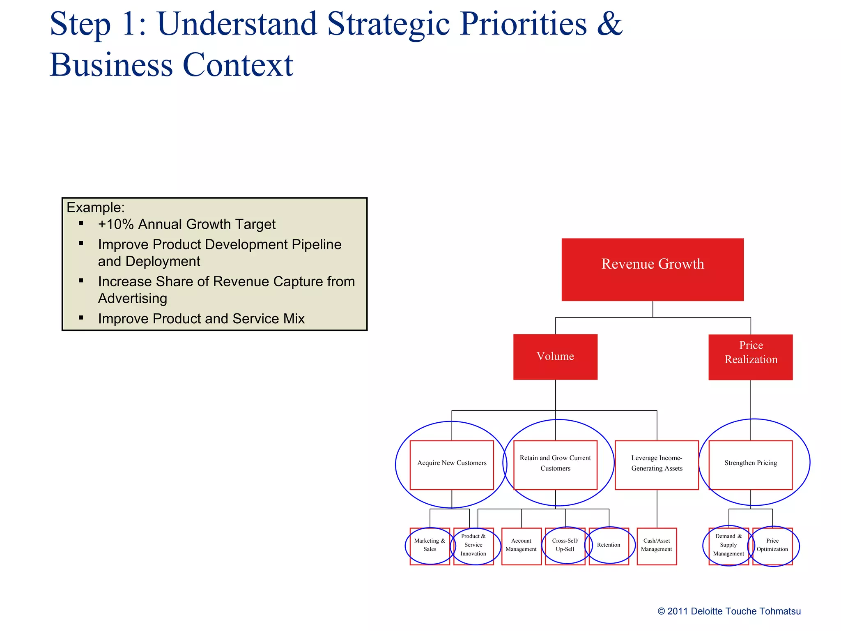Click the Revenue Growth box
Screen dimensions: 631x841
(x=652, y=269)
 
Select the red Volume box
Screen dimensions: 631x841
(x=555, y=357)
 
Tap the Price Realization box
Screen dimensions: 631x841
(x=750, y=357)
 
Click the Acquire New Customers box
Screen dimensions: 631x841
(x=452, y=465)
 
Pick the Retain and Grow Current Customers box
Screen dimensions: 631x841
(x=555, y=465)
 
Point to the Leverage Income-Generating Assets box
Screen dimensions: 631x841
(x=657, y=465)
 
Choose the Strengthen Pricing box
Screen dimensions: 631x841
(x=750, y=465)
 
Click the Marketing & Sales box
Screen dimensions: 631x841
(x=430, y=546)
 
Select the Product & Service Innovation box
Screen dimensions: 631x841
(x=473, y=546)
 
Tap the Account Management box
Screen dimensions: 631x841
(x=521, y=546)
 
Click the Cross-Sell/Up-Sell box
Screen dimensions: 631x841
(x=565, y=546)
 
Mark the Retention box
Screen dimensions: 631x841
(x=609, y=546)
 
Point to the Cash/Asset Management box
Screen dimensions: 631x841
(x=657, y=546)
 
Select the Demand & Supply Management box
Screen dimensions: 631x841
(x=728, y=546)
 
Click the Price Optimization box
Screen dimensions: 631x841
(x=772, y=546)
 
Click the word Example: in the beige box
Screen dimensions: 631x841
(x=95, y=207)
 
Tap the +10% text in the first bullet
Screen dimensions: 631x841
(x=116, y=224)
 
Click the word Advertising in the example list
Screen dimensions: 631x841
(x=132, y=299)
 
